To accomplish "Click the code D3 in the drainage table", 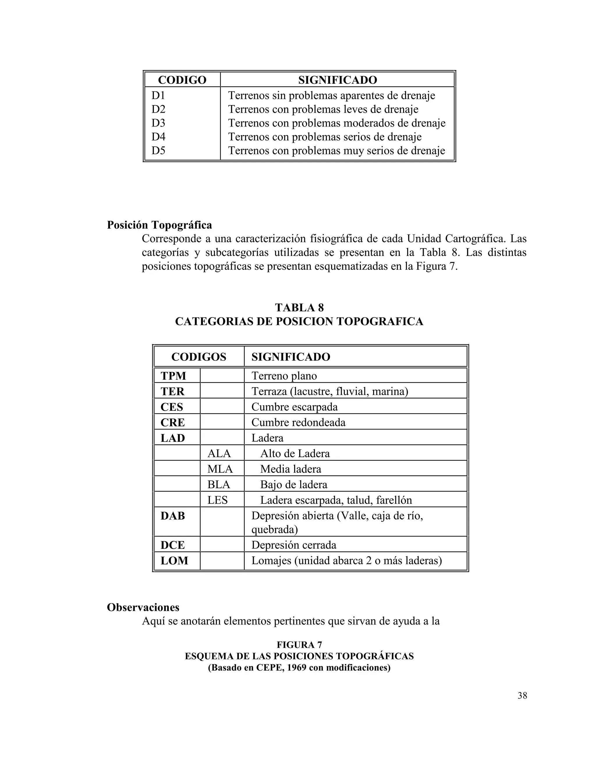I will click(158, 123).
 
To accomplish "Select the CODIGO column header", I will click(182, 80).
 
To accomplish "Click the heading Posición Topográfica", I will click(159, 225).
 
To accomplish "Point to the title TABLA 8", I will click(299, 308).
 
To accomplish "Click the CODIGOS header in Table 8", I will click(198, 357).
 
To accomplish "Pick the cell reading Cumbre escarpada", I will click(294, 407).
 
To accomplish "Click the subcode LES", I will click(217, 500).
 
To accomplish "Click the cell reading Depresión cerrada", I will click(293, 545).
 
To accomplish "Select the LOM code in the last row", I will click(174, 560).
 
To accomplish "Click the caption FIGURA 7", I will click(299, 645).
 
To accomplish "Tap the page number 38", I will click(522, 695).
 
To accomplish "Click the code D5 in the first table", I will click(158, 150).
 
